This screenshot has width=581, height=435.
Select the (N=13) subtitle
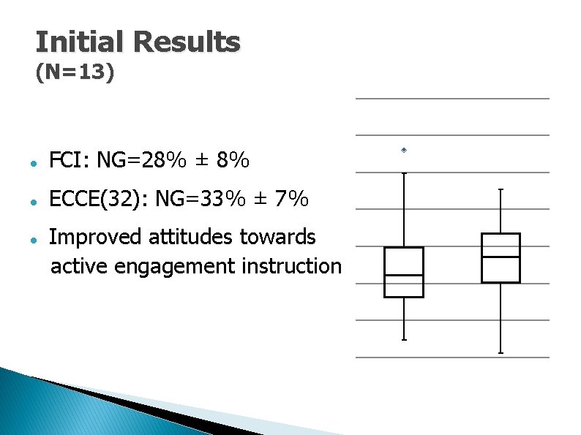[75, 75]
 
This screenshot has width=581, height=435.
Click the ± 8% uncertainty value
[223, 159]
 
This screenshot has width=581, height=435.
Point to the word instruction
[291, 266]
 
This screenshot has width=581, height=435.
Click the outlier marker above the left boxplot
[403, 150]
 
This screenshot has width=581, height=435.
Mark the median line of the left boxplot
[404, 276]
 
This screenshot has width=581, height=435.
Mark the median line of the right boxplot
[501, 257]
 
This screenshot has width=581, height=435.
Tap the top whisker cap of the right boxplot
[501, 189]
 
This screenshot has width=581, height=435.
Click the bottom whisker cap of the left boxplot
[404, 340]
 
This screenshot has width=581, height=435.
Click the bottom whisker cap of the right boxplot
[501, 353]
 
